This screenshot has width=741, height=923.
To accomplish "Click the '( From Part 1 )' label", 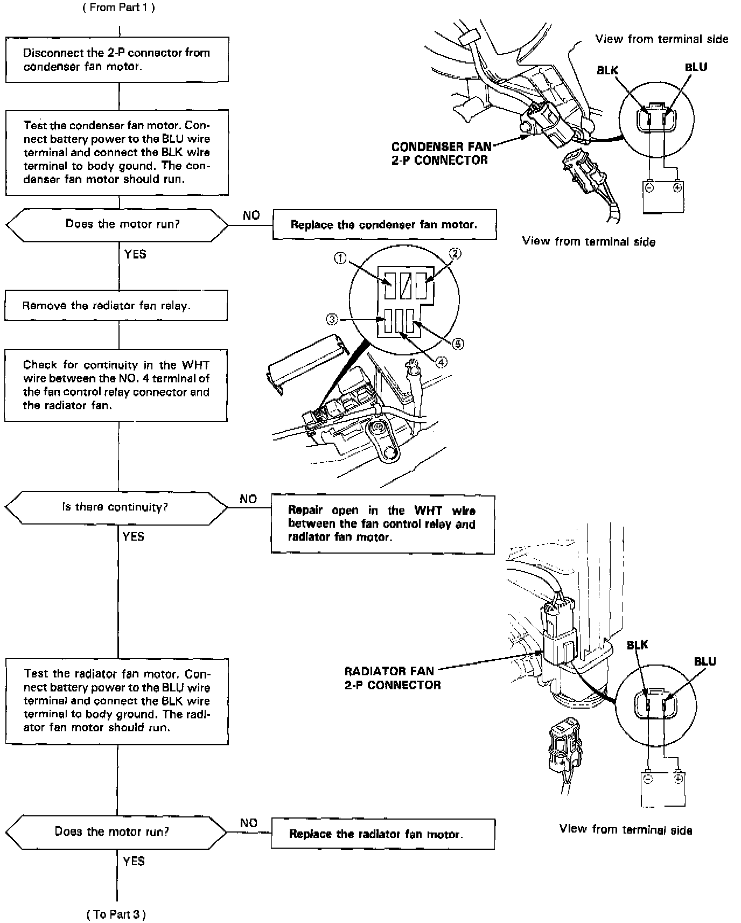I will click(x=118, y=8).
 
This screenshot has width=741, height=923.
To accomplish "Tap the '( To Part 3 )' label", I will click(x=116, y=914).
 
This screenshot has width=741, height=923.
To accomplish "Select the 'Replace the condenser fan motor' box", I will click(x=384, y=225).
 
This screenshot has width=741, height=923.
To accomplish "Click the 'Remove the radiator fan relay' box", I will click(x=116, y=305).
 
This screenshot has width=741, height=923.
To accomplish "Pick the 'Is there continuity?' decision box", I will click(x=116, y=507).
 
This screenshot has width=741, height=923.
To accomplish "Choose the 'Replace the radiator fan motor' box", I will click(x=382, y=834).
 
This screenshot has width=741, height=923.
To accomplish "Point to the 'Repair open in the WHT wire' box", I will click(x=382, y=523).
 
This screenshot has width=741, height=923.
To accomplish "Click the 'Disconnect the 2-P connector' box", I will click(x=117, y=60).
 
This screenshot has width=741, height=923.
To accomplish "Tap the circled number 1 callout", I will click(x=340, y=258).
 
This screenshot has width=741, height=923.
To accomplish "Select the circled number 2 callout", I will click(x=455, y=253).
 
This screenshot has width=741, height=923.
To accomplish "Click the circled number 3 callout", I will click(x=332, y=319).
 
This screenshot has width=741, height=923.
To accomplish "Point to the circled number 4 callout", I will click(x=441, y=362).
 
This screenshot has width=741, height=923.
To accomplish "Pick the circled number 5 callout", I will click(x=458, y=344).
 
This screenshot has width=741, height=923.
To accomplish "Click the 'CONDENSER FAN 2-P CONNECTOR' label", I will click(x=439, y=153).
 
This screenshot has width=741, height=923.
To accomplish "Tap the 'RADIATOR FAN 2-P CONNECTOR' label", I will click(x=392, y=678).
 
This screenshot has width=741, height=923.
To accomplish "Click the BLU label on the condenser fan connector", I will click(x=696, y=67).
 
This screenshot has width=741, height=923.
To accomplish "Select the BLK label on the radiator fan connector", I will click(x=637, y=645).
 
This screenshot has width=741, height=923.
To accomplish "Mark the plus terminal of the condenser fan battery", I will click(x=677, y=187).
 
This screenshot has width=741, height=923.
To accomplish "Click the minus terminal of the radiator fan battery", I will click(x=648, y=779).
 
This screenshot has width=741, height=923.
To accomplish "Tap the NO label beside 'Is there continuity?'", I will click(x=248, y=499).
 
